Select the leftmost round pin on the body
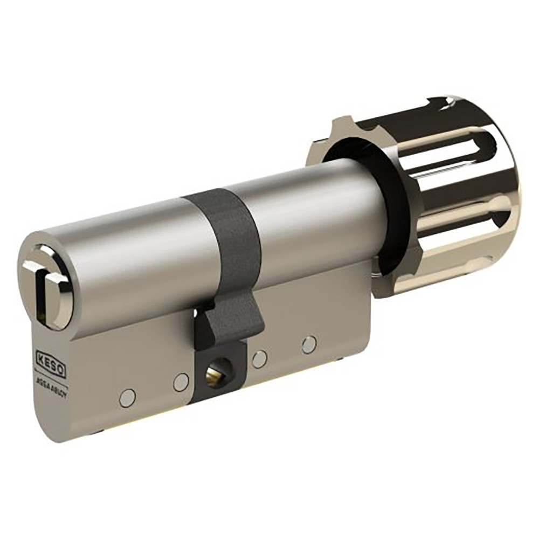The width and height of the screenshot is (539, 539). (x=127, y=398)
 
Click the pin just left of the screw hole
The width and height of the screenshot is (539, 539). (x=181, y=382)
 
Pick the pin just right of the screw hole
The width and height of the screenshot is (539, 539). (x=259, y=359)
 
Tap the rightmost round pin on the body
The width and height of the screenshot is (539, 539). (x=309, y=344)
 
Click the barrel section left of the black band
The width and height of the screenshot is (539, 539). (x=135, y=248)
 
